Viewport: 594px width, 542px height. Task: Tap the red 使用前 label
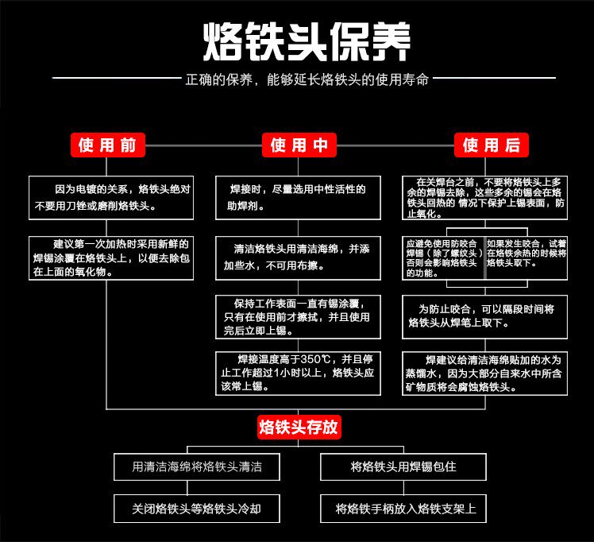point(107,145)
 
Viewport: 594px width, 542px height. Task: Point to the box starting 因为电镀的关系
point(110,197)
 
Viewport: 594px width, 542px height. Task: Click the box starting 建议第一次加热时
point(110,257)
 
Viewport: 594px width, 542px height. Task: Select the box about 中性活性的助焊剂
point(298,197)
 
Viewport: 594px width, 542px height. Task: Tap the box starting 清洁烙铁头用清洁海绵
point(298,257)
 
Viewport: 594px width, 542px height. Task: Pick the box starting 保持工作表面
point(298,316)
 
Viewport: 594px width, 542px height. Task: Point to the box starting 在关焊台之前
point(484,197)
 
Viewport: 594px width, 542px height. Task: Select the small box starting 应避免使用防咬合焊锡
point(443,257)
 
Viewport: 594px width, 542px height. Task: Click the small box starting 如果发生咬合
point(526,253)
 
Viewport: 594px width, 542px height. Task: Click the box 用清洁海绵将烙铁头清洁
point(196,467)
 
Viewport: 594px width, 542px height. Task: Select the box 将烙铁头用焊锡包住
point(403,467)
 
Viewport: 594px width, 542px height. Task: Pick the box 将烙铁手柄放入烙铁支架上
point(403,508)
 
